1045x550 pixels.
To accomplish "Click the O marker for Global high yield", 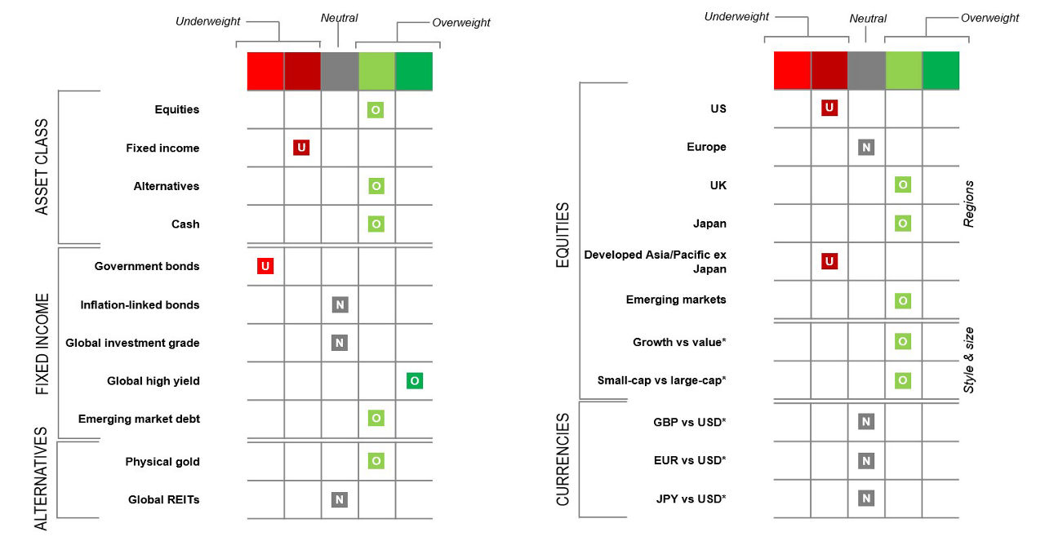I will pos(415,380).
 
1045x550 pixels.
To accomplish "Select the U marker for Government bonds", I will pos(265,266).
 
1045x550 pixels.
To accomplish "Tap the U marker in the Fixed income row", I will pos(301,148).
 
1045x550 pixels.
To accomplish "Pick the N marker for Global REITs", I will pos(340,499).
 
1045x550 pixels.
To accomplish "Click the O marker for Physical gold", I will pos(376,461).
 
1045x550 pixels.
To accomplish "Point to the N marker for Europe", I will pos(866,148).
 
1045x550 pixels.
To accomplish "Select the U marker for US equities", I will pos(829,109).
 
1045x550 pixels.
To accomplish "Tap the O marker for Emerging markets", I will pos(902,300).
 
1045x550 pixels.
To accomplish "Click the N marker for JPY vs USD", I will pos(866,498).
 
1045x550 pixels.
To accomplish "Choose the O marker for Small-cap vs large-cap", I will pos(902,379).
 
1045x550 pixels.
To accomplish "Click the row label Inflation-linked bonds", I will pos(140,305).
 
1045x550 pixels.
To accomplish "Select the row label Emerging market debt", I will pos(139,419).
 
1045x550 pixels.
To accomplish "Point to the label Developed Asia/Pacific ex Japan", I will pos(655,261).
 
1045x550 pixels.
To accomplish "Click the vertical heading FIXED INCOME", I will pos(43,344).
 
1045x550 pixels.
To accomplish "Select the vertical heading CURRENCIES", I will pos(563,459).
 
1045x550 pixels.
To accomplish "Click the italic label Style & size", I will pos(970,359).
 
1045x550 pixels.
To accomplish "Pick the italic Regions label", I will pos(970,203).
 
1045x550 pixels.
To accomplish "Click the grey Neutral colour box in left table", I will pos(340,71).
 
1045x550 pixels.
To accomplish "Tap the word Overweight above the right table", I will pos(989,17).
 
